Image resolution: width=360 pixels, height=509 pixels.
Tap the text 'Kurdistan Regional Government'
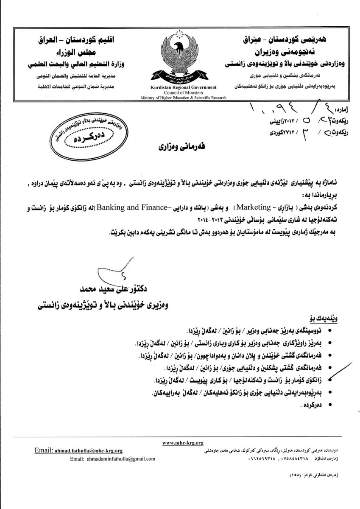(x=183, y=87)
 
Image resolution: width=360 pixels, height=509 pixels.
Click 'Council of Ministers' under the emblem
(x=183, y=92)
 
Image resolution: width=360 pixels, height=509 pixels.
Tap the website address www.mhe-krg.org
(x=183, y=442)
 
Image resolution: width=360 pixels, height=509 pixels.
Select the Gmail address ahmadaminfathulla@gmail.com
(x=113, y=459)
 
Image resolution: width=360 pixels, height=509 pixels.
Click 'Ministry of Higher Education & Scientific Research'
(x=183, y=97)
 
